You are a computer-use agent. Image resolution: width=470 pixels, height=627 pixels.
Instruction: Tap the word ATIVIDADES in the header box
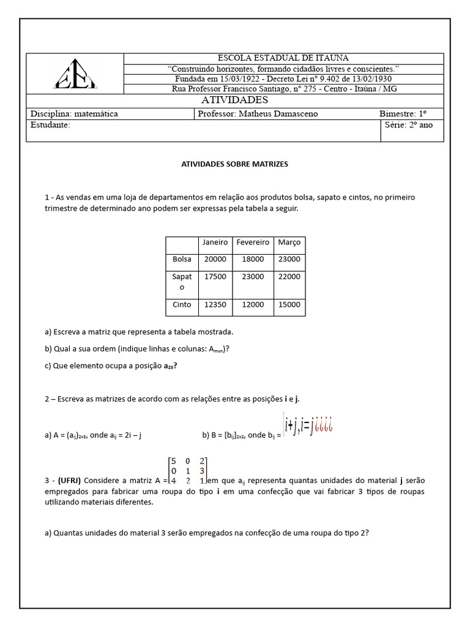[234, 100]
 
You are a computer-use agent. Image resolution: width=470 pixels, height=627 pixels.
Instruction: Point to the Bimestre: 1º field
[403, 114]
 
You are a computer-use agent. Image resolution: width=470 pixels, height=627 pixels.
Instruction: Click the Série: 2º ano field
[409, 125]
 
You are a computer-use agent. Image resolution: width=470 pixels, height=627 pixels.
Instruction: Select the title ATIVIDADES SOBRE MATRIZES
[234, 164]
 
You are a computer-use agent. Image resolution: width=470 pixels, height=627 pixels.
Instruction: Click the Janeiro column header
[215, 242]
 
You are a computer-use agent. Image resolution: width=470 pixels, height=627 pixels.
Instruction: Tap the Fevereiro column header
[253, 242]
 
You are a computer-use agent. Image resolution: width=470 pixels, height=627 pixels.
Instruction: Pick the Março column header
[289, 242]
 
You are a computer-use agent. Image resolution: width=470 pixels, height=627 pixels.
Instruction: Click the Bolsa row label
[182, 259]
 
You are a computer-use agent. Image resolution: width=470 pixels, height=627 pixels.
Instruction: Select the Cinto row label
[182, 304]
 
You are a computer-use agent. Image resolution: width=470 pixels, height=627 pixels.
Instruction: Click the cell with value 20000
[215, 259]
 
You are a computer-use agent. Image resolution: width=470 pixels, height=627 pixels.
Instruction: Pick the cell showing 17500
[215, 277]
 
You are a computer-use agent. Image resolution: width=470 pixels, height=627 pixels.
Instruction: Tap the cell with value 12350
[215, 304]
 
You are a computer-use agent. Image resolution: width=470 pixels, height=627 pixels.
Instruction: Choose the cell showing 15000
[289, 304]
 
